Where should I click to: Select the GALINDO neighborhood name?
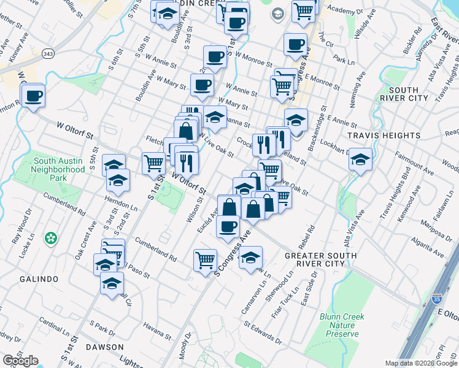click(38, 279)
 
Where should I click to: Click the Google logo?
click(20, 361)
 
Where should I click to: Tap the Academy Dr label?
click(342, 10)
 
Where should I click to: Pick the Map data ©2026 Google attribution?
click(421, 363)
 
